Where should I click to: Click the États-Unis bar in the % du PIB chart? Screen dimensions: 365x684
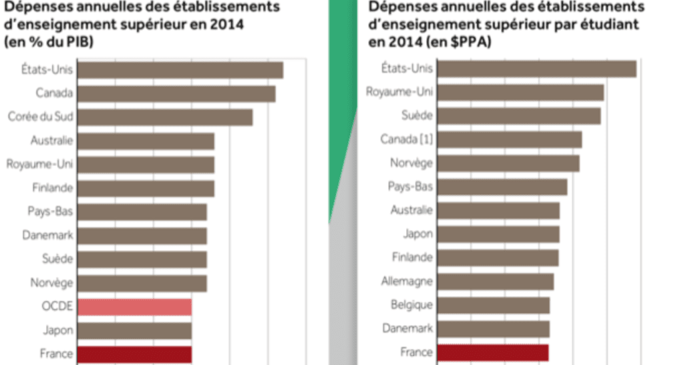click(x=180, y=70)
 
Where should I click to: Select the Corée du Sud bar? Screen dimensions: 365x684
click(x=165, y=117)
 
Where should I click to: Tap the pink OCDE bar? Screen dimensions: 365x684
click(x=134, y=307)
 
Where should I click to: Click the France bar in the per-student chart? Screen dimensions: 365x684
click(x=493, y=352)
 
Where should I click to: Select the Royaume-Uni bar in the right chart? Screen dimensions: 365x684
click(x=520, y=92)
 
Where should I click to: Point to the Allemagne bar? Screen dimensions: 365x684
click(x=496, y=282)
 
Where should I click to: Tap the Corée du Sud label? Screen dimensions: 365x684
click(x=40, y=117)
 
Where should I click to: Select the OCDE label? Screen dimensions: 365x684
click(x=57, y=306)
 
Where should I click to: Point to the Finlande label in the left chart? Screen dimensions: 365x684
click(x=53, y=188)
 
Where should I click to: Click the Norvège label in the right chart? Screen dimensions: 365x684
click(x=411, y=163)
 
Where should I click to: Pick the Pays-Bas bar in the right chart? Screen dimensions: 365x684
click(x=502, y=187)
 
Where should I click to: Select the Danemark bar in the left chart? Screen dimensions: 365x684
click(x=142, y=236)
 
